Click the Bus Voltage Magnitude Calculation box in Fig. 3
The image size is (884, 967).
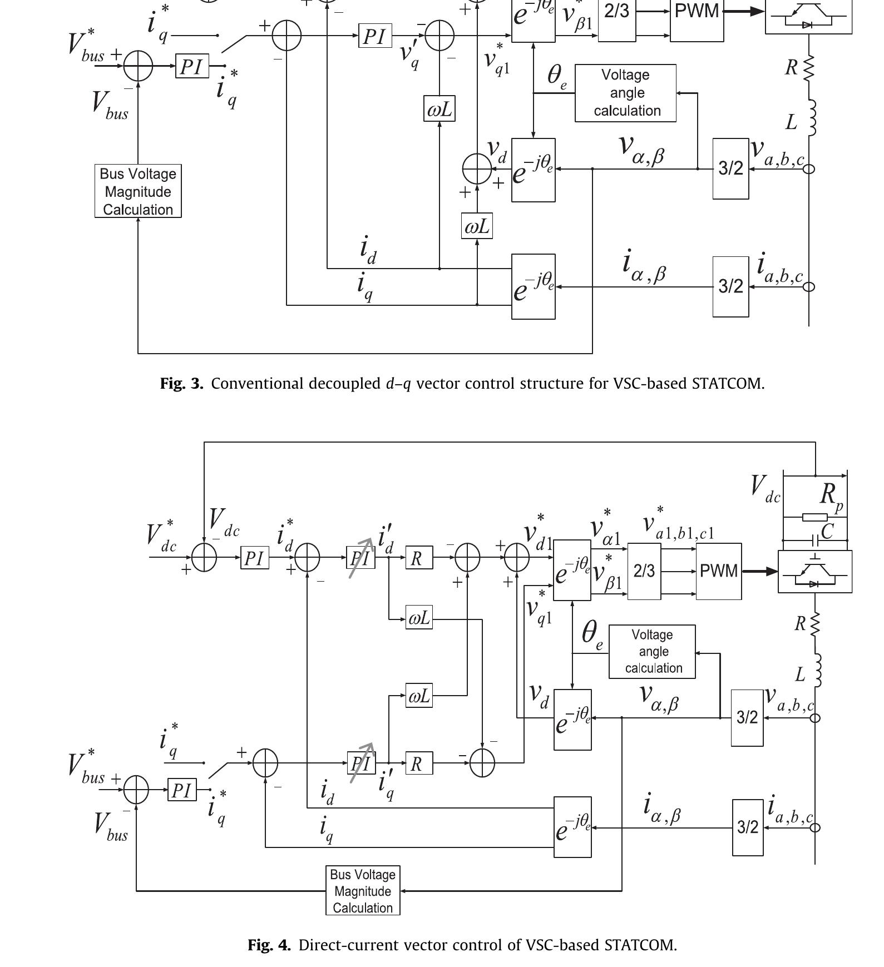[x=138, y=191]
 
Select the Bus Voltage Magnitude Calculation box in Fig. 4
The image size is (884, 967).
[x=363, y=891]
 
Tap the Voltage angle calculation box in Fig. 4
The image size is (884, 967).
[x=652, y=651]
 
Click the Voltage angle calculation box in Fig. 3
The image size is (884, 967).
[x=625, y=93]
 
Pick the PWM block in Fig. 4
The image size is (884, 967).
[x=718, y=571]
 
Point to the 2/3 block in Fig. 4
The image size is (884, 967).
[x=644, y=571]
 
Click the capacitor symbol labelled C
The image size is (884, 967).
[x=815, y=540]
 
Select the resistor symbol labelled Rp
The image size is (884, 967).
[x=814, y=517]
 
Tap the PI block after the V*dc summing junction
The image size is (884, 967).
[x=254, y=558]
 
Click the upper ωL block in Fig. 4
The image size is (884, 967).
[x=419, y=618]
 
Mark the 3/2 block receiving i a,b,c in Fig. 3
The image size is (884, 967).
[x=730, y=286]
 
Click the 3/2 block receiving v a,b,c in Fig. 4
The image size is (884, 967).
[x=747, y=717]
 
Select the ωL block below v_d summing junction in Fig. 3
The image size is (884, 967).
[x=477, y=226]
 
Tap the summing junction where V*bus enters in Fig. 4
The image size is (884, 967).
[x=136, y=790]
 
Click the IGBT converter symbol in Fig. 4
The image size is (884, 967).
[x=814, y=572]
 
